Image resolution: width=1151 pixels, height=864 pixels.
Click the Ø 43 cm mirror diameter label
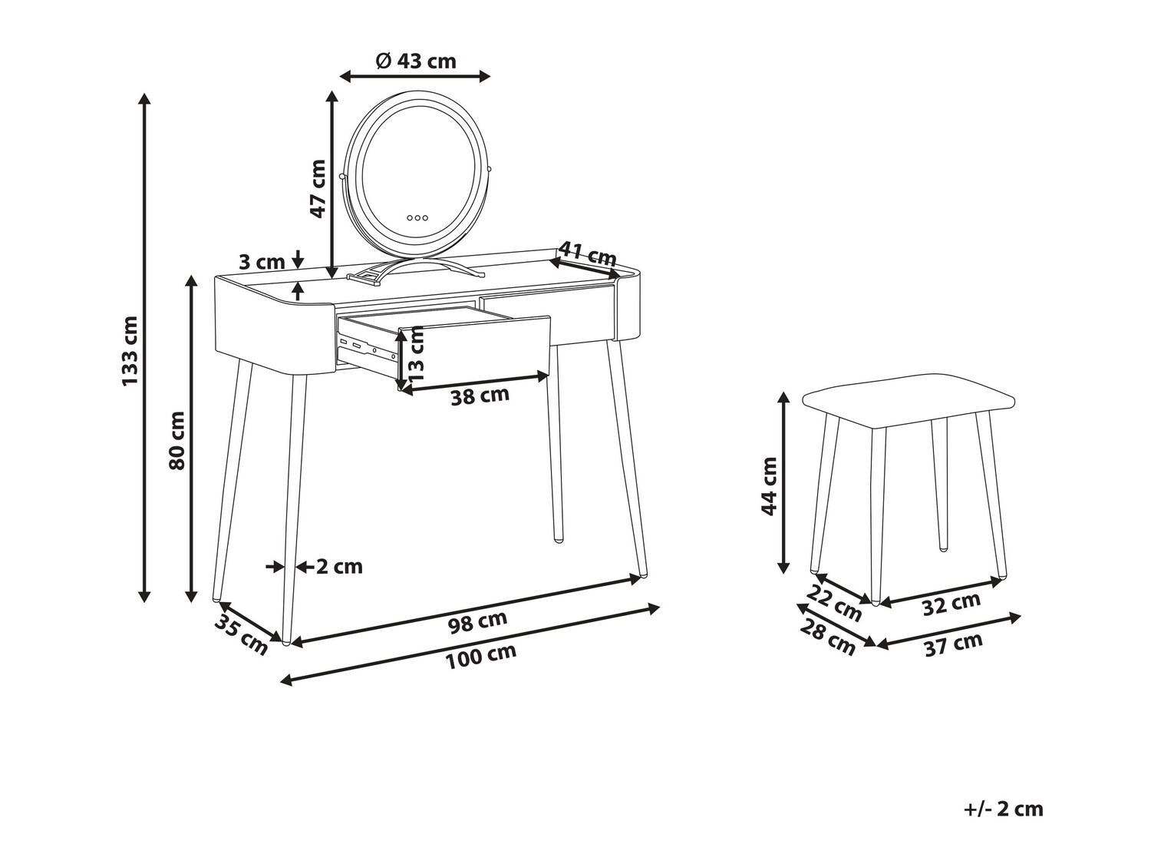pyautogui.click(x=417, y=61)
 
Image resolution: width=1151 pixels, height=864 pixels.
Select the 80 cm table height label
pyautogui.click(x=177, y=441)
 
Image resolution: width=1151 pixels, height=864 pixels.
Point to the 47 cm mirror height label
pyautogui.click(x=317, y=189)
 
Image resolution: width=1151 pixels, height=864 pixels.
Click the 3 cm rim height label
pyautogui.click(x=262, y=262)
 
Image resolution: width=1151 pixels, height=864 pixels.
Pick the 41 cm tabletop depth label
pyautogui.click(x=588, y=254)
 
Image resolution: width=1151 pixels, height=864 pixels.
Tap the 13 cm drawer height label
pyautogui.click(x=417, y=355)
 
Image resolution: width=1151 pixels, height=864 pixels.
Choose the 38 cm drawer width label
pyautogui.click(x=480, y=396)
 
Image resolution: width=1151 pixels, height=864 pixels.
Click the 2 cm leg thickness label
pyautogui.click(x=339, y=567)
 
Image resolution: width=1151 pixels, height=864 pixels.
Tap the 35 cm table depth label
pyautogui.click(x=241, y=635)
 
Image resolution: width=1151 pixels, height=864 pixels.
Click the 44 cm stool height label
pyautogui.click(x=770, y=486)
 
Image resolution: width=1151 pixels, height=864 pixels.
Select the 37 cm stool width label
pyautogui.click(x=953, y=644)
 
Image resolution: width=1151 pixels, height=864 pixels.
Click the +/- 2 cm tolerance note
pyautogui.click(x=1003, y=809)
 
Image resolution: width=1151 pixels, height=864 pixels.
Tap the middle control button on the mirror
pyautogui.click(x=417, y=217)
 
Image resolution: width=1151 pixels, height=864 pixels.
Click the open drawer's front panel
pyautogui.click(x=474, y=353)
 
